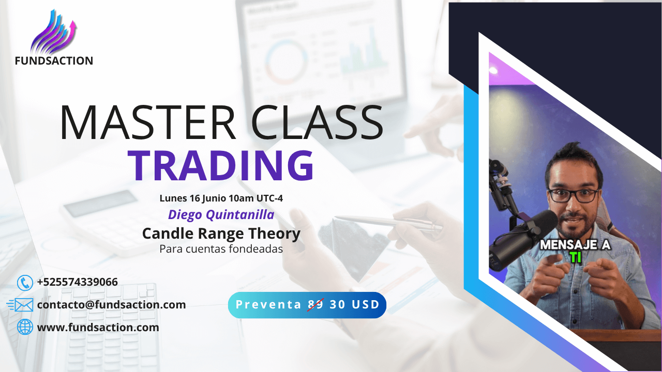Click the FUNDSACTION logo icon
click(53, 32)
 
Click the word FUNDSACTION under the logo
click(54, 61)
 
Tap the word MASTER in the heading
click(148, 122)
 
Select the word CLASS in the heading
click(317, 122)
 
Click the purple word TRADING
click(220, 165)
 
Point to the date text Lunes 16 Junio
click(193, 198)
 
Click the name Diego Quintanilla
click(221, 214)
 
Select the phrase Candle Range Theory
click(221, 234)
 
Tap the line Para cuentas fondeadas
click(221, 249)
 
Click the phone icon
click(25, 283)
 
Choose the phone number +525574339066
click(78, 282)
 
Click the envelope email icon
click(20, 305)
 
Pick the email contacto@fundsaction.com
click(111, 305)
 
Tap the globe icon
click(25, 327)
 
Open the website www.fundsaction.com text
click(98, 328)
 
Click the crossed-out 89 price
click(315, 304)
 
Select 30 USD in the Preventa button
click(355, 304)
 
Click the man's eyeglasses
click(573, 196)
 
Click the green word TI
click(576, 257)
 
